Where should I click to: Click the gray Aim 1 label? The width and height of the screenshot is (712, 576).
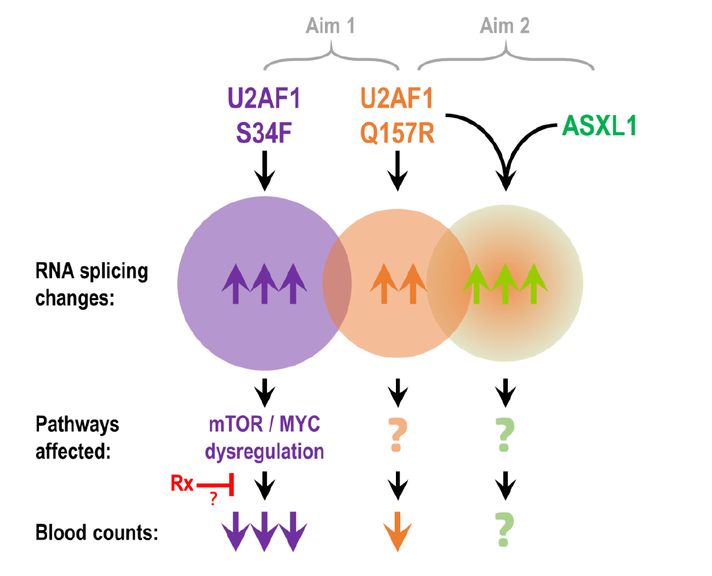tap(330, 25)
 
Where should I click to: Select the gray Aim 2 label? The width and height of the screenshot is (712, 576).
tap(505, 25)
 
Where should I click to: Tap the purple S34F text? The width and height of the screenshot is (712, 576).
tap(264, 133)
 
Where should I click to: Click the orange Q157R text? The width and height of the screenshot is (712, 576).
tap(397, 133)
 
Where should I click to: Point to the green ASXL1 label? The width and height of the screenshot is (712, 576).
tap(600, 125)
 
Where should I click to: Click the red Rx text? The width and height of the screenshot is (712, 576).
tap(182, 484)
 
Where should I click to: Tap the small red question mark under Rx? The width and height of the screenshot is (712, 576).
tap(214, 499)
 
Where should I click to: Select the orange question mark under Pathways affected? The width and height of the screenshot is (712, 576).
tap(397, 435)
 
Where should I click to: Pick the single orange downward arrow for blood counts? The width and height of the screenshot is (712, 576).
tap(397, 531)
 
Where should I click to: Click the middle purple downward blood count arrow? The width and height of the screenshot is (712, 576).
tap(265, 531)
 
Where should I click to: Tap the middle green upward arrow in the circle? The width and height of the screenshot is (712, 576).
tap(505, 284)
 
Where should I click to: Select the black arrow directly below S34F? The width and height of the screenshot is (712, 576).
tap(265, 171)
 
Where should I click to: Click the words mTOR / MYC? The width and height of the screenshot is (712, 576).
tap(265, 424)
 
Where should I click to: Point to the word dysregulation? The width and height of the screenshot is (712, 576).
tap(265, 451)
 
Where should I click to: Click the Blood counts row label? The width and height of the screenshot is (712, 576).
tap(97, 533)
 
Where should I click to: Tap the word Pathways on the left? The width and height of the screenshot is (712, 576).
tap(77, 424)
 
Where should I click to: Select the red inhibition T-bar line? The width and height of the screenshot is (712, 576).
tap(216, 485)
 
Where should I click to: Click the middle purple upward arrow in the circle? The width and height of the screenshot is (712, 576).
tap(265, 284)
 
